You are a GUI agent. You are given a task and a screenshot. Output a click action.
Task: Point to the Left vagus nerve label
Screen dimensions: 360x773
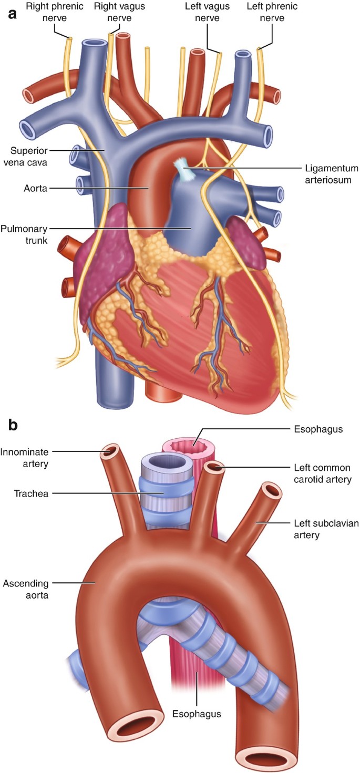(x=205, y=13)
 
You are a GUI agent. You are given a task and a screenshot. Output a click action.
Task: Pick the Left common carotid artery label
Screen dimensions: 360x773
(x=322, y=473)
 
